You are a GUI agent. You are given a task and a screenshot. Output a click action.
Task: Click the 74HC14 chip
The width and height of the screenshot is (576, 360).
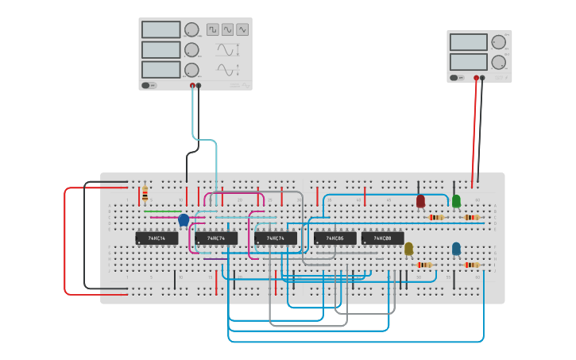point(157,238)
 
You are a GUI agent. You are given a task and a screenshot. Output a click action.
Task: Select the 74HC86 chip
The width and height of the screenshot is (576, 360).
point(334,238)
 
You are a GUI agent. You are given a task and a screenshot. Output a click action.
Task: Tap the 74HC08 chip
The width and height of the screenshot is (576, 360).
point(382,238)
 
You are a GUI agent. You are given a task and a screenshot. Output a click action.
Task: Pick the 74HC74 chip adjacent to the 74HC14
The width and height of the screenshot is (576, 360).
point(216,238)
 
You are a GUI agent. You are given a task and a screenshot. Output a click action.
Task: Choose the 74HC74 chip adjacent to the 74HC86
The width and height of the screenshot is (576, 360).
point(276,238)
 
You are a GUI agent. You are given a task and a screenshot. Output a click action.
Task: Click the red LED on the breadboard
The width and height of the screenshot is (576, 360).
point(420,202)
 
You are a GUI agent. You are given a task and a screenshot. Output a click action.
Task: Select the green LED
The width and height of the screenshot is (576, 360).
point(456,201)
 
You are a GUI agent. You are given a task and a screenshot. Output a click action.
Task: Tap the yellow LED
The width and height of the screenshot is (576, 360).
point(408,249)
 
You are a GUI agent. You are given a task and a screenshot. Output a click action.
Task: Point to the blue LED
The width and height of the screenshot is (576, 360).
point(456,249)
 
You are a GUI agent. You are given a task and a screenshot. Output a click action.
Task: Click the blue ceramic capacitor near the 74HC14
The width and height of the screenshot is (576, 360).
point(184,219)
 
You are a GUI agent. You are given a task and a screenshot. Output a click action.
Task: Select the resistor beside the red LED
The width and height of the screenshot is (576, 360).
point(436,217)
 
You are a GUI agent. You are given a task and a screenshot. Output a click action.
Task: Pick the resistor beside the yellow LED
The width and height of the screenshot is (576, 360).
point(424,265)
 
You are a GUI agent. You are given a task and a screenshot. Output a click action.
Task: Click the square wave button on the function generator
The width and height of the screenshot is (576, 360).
point(213,29)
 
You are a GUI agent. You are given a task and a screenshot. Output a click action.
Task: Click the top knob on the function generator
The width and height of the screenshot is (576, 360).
point(191,29)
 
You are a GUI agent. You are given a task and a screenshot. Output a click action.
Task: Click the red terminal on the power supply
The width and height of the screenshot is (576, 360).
point(477,78)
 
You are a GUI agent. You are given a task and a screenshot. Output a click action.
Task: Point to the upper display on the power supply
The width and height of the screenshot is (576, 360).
point(468,42)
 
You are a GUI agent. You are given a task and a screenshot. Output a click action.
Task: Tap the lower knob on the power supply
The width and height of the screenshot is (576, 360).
point(498,62)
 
